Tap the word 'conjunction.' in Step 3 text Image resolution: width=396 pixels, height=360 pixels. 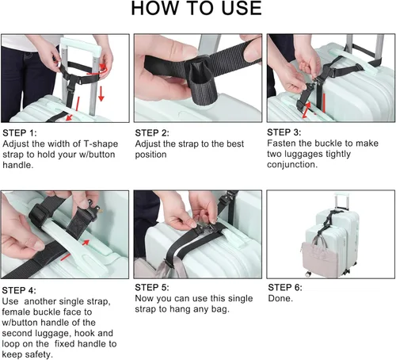tap(293, 165)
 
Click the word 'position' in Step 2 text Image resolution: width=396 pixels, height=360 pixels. tap(151, 154)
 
